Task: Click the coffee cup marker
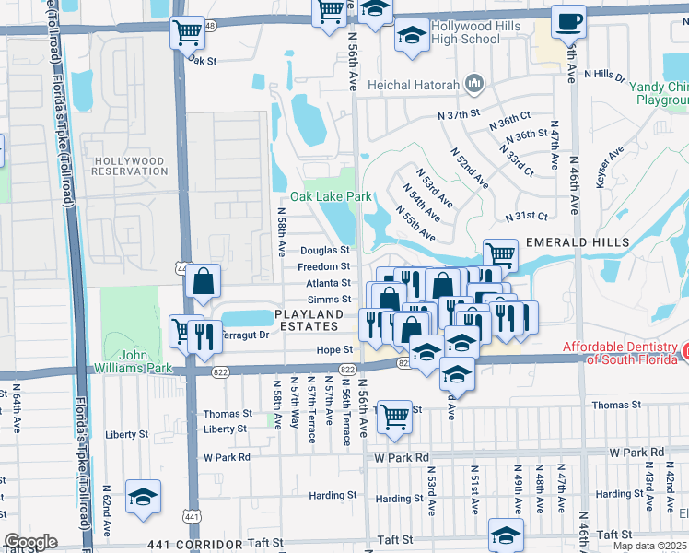click(x=567, y=21)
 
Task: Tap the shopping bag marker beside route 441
click(x=203, y=281)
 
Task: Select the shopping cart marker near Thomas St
click(x=394, y=417)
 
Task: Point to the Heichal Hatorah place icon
click(x=474, y=85)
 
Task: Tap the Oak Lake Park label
click(x=331, y=196)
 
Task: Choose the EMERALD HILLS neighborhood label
click(x=578, y=242)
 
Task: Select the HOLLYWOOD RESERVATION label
click(x=130, y=166)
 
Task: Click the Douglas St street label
click(x=325, y=250)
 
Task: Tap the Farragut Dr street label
click(x=245, y=335)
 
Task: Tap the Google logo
click(x=30, y=542)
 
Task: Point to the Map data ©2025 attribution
click(x=650, y=546)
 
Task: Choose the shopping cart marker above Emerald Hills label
click(x=500, y=255)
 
